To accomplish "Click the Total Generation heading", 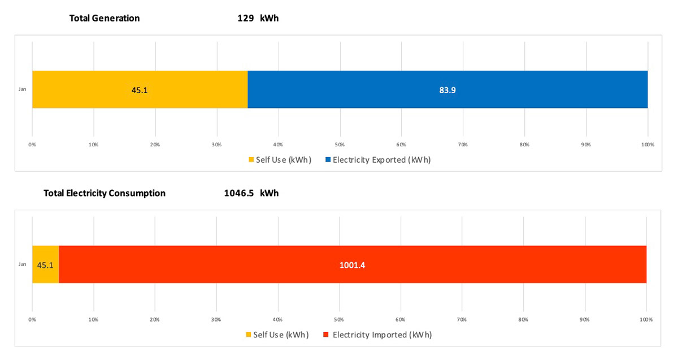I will coord(105,18).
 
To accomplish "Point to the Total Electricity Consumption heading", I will coord(105,193).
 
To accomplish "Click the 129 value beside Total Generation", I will coord(244,18).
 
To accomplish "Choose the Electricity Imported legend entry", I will coord(377,335).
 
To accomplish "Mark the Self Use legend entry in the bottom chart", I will coord(276,335).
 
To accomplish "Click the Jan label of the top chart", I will coord(22,89).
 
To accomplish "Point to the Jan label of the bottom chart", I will coord(22,264).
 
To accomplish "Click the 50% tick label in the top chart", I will coord(340,145).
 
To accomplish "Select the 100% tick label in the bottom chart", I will coord(646,320).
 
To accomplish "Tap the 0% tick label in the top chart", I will coord(32,145).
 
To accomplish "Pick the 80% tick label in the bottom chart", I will coord(524,320).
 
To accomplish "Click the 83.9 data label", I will coord(447,89).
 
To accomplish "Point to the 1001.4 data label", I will coord(353,264).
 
